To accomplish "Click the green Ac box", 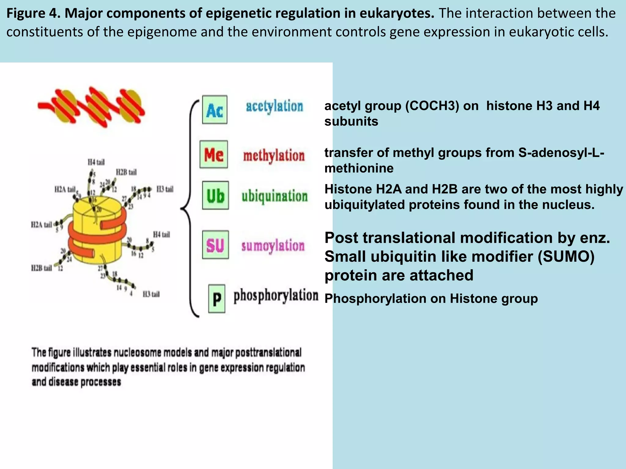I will (x=215, y=110).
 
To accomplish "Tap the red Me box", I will (x=214, y=155).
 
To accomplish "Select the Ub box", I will (x=215, y=195).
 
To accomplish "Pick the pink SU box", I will (x=215, y=245).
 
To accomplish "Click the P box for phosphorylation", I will (x=217, y=298).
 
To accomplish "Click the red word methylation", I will (x=274, y=156).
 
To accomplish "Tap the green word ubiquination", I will (x=274, y=196).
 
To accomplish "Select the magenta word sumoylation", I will (x=273, y=245).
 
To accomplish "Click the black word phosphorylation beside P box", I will (x=276, y=296).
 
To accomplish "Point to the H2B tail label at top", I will (x=126, y=172).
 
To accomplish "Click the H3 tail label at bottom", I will (x=151, y=294).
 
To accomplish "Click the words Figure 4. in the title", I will (x=33, y=13).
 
